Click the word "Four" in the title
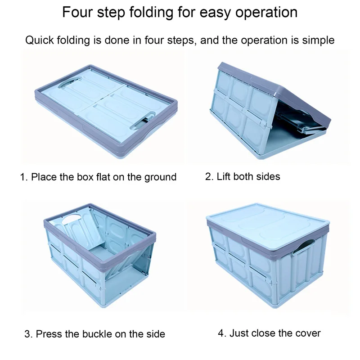point(77,12)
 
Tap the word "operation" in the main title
point(266,13)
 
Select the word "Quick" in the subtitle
point(40,40)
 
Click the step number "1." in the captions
point(24,177)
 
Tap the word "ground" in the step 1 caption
point(160,177)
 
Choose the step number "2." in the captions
point(209,176)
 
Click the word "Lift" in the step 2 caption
point(223,176)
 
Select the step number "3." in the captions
point(28,334)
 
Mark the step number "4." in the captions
point(222,333)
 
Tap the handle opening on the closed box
point(303,246)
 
